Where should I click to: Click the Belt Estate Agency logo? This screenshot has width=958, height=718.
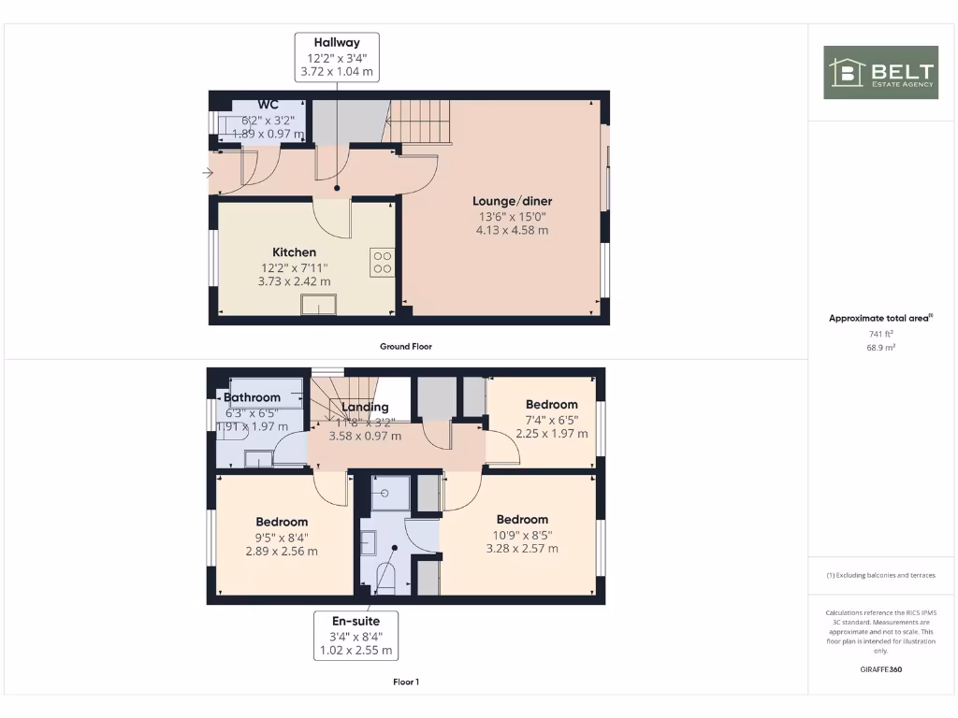point(880,73)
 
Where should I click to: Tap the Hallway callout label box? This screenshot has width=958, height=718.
point(337,57)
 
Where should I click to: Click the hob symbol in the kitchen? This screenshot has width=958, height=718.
point(382,262)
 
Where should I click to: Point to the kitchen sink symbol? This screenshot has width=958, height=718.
point(318,305)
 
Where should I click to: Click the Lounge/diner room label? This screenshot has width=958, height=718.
point(512,201)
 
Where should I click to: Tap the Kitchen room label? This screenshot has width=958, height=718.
point(295,252)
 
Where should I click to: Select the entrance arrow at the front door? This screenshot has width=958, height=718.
point(207,172)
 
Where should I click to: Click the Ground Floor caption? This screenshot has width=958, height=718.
point(406,347)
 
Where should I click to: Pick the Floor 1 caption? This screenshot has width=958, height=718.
point(406,682)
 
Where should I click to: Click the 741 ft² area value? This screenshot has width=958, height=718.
point(880,333)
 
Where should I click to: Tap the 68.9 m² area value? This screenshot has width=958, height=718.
point(880,347)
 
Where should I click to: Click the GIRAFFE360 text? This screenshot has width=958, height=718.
point(880,669)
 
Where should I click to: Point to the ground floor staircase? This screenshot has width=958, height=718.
point(419,122)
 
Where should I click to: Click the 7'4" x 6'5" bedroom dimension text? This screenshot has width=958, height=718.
point(552,420)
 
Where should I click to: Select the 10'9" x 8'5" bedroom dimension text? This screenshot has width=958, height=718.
point(522,535)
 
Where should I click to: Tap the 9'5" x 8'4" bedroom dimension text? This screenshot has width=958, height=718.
point(282,538)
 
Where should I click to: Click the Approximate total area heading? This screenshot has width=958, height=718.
point(880,319)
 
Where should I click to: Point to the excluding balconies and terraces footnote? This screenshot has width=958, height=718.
point(880,575)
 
